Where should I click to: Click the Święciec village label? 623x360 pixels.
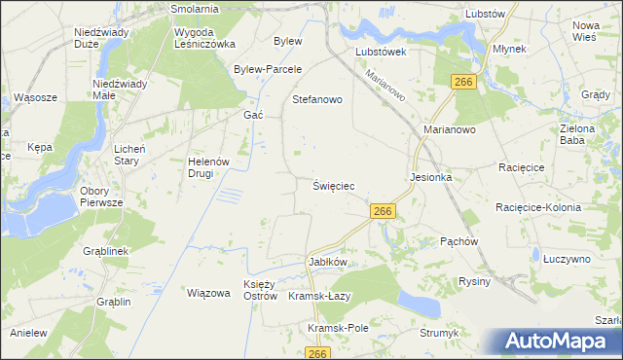[333, 185]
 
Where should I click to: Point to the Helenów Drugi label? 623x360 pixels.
[206, 166]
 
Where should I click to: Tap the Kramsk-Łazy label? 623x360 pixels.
[319, 296]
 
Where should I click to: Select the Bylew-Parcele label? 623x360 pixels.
[269, 69]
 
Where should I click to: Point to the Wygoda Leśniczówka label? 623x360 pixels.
[204, 38]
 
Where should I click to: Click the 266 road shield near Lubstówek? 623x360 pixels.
[463, 83]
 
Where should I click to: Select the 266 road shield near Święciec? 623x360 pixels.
[382, 211]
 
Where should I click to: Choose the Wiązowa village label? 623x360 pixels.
[207, 292]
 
